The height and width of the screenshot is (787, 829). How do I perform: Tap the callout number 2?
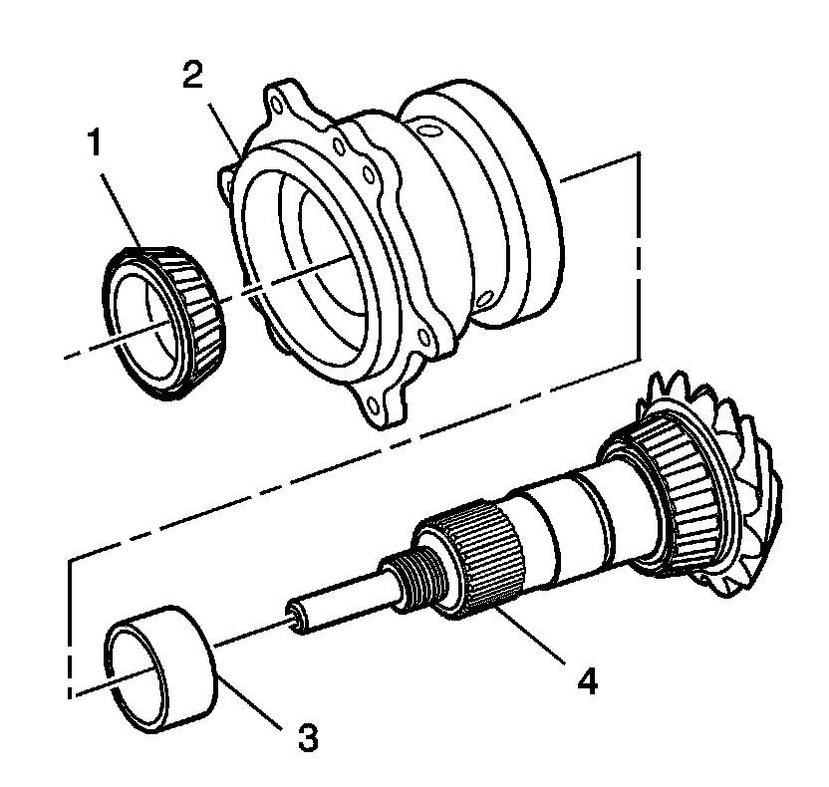point(195,77)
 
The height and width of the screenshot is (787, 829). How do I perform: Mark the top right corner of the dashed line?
point(637,154)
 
